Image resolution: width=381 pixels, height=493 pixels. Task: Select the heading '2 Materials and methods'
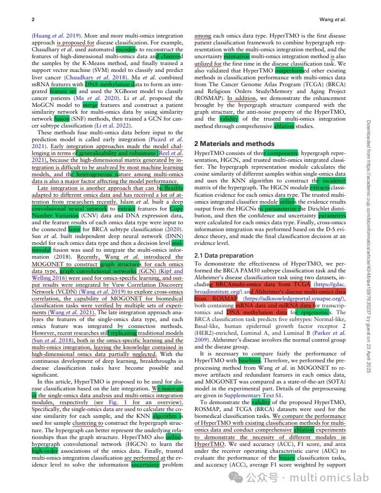coord(235,143)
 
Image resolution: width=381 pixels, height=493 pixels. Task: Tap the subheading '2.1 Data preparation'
coord(225,255)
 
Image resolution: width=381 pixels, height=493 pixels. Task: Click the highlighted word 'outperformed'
coord(289,70)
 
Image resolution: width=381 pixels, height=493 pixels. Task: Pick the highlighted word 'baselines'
coord(249,360)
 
